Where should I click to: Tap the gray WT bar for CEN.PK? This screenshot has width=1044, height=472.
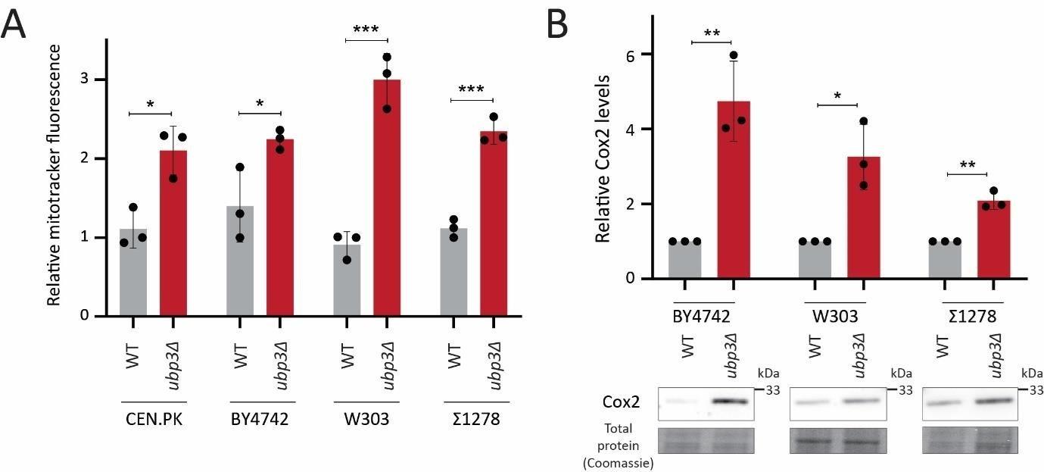(x=133, y=272)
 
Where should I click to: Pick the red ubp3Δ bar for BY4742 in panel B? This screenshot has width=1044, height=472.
(x=734, y=189)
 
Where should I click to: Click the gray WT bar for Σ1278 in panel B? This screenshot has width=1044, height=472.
(x=945, y=260)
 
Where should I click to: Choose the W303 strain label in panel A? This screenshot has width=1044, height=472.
(x=366, y=418)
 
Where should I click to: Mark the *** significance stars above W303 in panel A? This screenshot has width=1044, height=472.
(x=366, y=30)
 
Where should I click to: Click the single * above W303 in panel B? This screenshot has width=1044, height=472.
(x=837, y=96)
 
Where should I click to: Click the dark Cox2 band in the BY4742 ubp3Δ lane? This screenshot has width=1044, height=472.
(x=732, y=399)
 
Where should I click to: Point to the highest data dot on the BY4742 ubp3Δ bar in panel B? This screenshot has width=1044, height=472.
(x=733, y=55)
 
